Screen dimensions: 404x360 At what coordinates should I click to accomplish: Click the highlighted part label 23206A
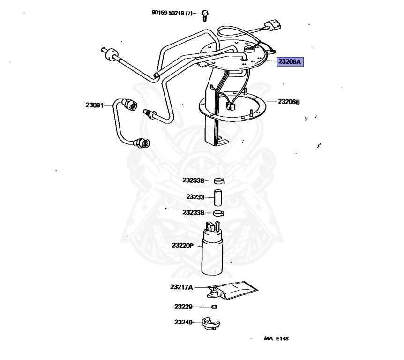290,62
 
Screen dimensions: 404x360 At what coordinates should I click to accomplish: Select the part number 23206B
289,102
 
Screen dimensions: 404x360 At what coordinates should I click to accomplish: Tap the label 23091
94,105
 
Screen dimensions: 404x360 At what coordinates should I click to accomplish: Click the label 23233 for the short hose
195,197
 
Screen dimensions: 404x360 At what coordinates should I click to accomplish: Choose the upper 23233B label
193,180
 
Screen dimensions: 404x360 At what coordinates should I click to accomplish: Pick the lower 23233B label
193,212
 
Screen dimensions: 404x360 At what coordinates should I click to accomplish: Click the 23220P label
182,245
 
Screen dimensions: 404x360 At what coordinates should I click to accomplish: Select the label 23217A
181,287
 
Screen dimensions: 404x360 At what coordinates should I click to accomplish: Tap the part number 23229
183,307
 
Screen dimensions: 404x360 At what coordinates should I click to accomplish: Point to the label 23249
183,322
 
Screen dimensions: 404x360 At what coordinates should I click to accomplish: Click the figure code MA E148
276,338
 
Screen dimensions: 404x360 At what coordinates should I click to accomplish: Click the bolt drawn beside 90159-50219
205,15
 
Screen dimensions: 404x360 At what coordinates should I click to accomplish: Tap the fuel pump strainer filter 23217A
232,290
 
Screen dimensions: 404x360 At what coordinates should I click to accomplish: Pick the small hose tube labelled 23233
218,198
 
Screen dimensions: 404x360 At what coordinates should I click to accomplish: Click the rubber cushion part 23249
211,323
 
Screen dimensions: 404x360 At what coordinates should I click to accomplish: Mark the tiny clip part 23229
214,307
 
